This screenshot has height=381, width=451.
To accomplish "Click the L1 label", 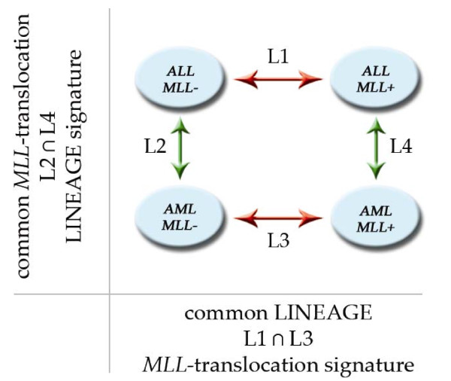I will click(x=273, y=55).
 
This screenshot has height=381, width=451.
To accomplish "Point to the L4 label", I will click(x=400, y=145).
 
